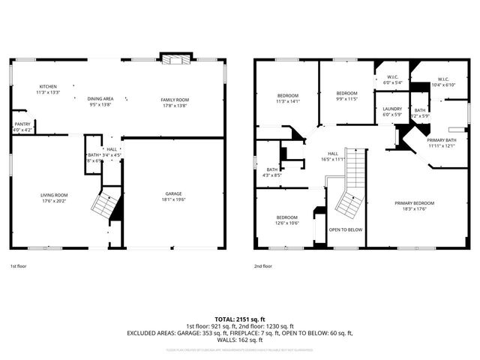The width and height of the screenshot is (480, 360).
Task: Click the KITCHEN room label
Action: pos(48,87)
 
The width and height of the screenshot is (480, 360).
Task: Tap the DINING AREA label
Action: pos(100,99)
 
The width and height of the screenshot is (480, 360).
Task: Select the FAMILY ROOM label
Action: pos(175,100)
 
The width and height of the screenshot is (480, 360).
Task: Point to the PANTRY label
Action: pos(22,124)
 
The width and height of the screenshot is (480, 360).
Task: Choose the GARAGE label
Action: pos(174,195)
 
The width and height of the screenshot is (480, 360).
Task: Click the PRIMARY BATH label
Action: pos(442,140)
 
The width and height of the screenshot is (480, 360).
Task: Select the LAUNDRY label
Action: pos(391,109)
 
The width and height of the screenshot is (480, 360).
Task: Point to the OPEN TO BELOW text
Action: pos(346,229)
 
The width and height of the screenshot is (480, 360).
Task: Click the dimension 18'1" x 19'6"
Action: pos(174,200)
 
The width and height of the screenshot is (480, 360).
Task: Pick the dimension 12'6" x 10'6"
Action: pos(287,223)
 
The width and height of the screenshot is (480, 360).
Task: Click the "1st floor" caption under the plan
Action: pos(19,265)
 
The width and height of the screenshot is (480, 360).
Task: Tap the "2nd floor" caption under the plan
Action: pos(262,265)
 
